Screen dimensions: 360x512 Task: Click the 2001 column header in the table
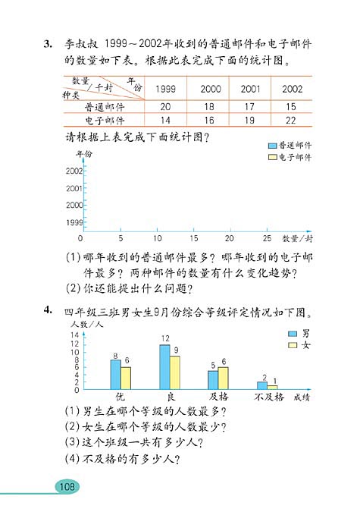pos(250,90)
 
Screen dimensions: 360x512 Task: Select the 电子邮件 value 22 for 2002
pos(291,120)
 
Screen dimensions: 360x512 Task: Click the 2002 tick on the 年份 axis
pos(74,171)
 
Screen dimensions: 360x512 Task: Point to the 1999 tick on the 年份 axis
pos(74,222)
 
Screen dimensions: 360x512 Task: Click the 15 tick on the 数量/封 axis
pos(194,238)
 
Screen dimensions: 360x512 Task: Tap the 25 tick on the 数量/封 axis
pos(267,238)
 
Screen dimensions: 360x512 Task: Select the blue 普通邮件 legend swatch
pos(272,145)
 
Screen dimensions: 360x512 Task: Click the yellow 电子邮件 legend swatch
pos(272,157)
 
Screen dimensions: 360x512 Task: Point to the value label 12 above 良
pos(164,338)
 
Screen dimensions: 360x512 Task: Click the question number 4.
pos(48,310)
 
